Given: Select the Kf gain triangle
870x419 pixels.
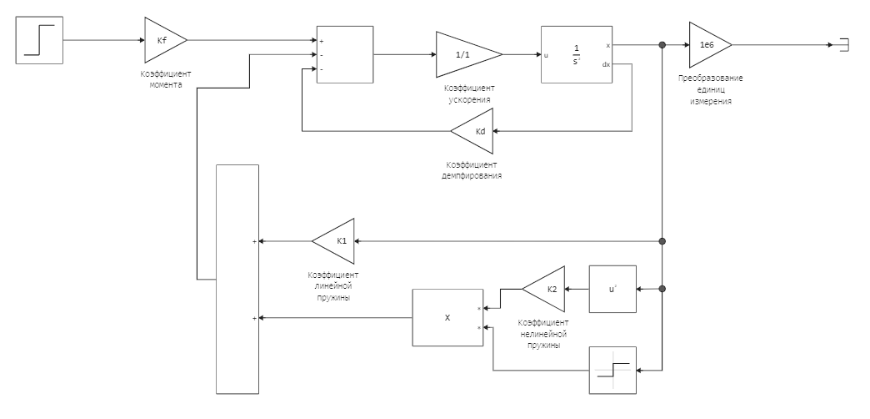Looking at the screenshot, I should tap(163, 38).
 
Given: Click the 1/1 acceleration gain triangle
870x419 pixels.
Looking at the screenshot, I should tap(467, 54).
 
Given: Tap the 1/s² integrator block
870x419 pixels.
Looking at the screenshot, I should tap(577, 54).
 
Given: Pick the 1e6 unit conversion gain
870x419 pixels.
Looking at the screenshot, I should tap(708, 44).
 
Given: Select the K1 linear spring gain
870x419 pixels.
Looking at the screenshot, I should tap(336, 241).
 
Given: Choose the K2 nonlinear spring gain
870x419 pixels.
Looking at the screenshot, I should tap(546, 289).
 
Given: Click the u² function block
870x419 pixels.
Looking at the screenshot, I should tap(612, 289).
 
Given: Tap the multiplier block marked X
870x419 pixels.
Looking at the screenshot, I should tap(447, 318).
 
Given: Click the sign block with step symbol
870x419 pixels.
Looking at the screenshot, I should tap(612, 370).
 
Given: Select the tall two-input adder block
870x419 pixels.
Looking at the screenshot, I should tap(237, 279).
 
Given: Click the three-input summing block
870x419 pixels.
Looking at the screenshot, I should tap(344, 54).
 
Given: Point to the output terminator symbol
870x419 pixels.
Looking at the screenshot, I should tap(843, 44).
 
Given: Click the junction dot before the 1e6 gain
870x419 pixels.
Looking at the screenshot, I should tap(662, 44).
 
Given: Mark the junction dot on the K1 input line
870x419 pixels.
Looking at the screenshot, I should tap(662, 241).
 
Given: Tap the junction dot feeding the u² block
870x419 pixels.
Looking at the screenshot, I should tap(662, 289).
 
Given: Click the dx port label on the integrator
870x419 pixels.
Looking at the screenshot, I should tap(606, 64).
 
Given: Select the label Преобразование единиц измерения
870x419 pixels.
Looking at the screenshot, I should tap(710, 90).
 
